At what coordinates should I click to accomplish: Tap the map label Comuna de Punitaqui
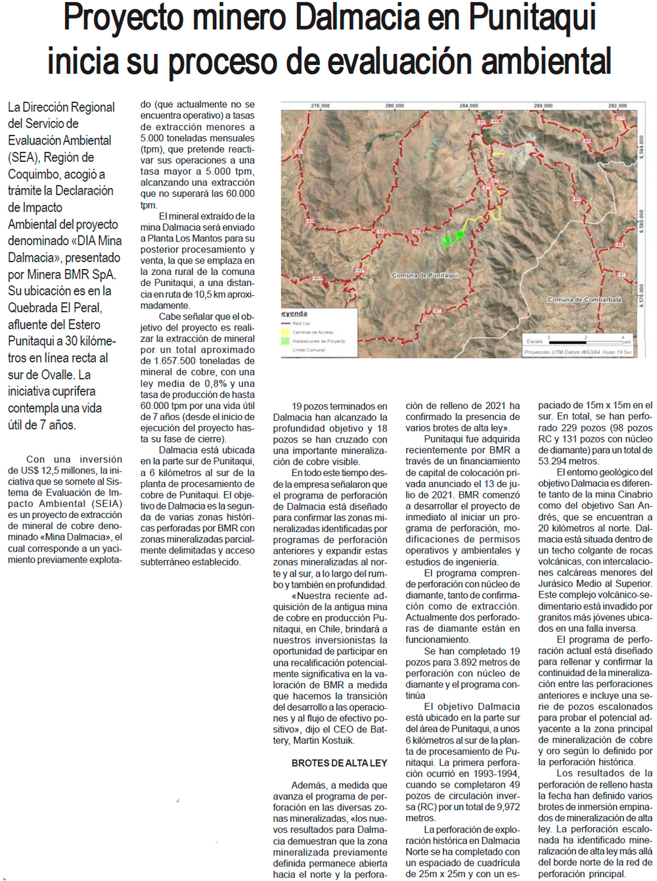coord(425,275)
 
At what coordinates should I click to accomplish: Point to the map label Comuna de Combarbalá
coord(584,300)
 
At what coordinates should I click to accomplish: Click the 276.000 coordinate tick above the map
coord(320,105)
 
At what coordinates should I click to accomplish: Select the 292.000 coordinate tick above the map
coord(618,105)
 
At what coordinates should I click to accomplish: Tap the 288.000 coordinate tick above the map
coord(543,105)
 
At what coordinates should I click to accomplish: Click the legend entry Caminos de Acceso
coord(313,332)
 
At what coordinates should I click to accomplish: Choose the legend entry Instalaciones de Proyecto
coord(318,341)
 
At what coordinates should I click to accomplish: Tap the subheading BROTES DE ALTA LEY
coord(339,763)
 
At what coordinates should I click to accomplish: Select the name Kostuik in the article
coord(334,741)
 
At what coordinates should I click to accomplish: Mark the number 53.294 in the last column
coord(553,462)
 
